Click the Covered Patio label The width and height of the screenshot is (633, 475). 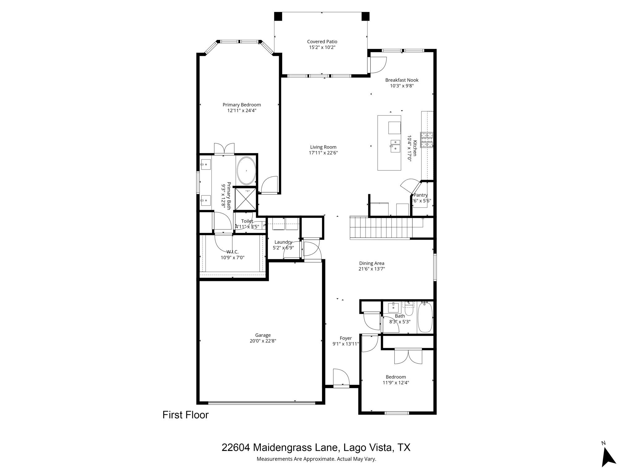[x=322, y=42]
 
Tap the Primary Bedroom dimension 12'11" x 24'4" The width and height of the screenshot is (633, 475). [x=241, y=110]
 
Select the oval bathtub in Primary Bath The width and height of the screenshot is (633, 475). [x=246, y=171]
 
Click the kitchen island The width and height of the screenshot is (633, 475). [x=389, y=143]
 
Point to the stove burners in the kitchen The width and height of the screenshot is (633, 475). [x=427, y=140]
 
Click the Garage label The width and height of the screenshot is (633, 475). [x=263, y=335]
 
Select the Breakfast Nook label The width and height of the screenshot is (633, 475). [x=401, y=80]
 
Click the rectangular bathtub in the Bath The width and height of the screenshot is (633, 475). [x=425, y=318]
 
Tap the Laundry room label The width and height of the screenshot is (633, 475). [x=283, y=242]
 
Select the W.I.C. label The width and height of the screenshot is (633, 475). [x=232, y=252]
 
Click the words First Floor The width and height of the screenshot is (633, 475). [x=185, y=415]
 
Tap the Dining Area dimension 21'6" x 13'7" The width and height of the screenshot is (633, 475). [x=371, y=269]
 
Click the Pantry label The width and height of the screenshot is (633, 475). [x=420, y=195]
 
